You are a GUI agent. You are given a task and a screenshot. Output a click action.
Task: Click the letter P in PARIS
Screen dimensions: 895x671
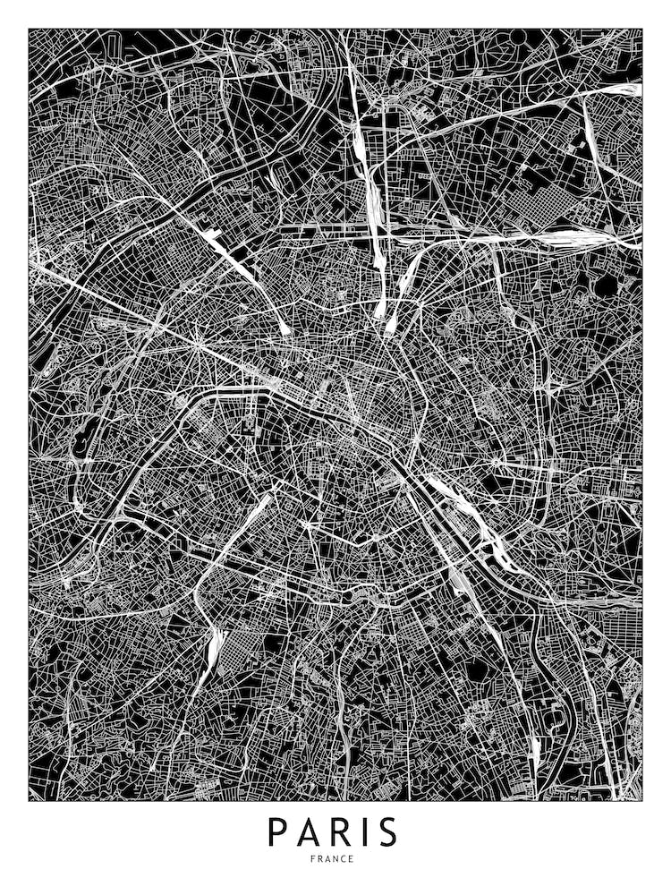tap(277, 832)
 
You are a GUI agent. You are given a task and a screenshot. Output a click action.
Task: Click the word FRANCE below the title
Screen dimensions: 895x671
tap(333, 859)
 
